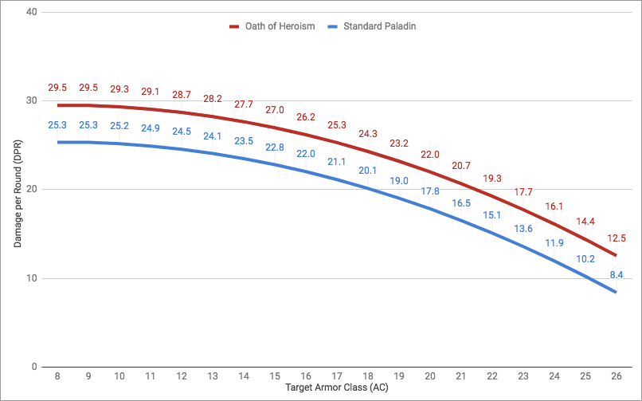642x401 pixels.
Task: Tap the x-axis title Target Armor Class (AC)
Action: click(336, 389)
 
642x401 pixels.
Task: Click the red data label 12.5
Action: click(616, 238)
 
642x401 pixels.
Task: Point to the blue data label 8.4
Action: click(616, 274)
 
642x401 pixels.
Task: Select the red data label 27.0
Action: click(274, 109)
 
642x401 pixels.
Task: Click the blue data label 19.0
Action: click(398, 181)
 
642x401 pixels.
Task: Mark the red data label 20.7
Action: click(460, 165)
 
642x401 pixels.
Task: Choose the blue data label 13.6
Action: click(523, 229)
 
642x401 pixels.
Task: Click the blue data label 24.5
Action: click(181, 132)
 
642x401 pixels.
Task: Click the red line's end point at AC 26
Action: click(616, 256)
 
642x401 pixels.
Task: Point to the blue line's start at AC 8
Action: click(57, 142)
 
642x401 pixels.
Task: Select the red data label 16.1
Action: click(554, 206)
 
